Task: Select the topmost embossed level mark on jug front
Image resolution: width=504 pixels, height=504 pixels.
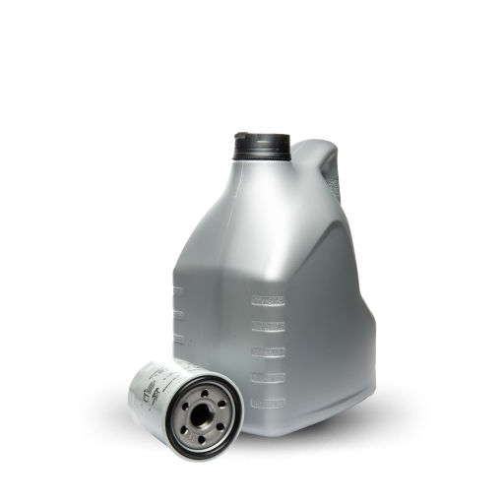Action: pos(268,299)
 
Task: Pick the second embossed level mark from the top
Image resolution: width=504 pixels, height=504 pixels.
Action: pos(268,325)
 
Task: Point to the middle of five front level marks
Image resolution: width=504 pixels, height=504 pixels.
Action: pos(268,350)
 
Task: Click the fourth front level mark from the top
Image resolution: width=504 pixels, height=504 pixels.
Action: pos(268,376)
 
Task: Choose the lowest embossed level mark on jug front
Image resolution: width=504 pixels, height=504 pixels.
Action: pos(268,402)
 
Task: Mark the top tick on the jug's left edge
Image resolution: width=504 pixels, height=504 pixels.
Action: pos(178,291)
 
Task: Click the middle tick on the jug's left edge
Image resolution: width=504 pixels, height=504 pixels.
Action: pos(178,315)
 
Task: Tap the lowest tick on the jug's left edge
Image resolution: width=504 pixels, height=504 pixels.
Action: pos(178,340)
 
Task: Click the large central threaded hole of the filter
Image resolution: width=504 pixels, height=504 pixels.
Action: pos(201,415)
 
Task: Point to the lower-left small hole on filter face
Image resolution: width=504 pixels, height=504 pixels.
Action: pos(183,428)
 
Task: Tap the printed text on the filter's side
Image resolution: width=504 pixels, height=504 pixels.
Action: pos(151,392)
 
